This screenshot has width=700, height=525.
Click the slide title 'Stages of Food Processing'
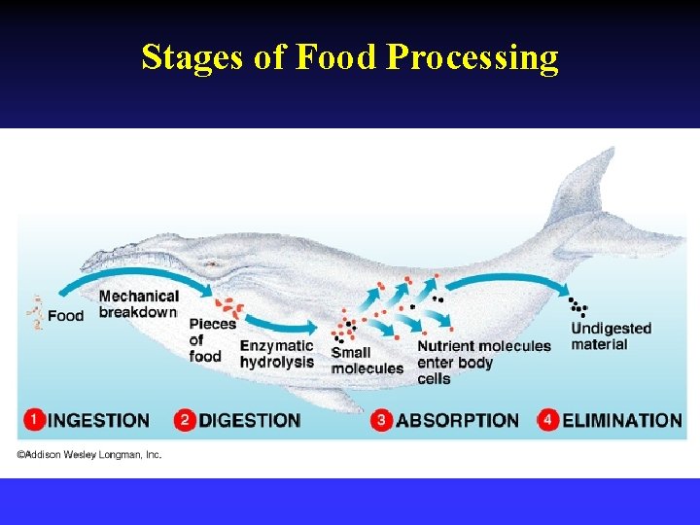point(350,57)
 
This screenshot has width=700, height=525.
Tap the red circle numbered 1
point(34,420)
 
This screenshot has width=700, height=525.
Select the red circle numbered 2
point(186,420)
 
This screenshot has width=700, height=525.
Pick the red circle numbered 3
point(382,420)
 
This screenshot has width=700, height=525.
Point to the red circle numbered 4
point(548,420)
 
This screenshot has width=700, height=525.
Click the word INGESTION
point(99,421)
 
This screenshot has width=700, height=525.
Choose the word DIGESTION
point(250,421)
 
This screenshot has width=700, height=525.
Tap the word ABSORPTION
point(458,421)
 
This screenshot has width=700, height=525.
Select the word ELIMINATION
point(622,421)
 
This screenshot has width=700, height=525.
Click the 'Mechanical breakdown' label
point(138,303)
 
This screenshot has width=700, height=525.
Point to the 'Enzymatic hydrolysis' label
point(277,354)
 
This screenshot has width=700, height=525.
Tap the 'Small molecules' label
point(367,361)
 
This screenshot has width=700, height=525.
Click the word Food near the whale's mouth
point(66,316)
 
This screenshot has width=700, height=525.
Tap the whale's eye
point(213,264)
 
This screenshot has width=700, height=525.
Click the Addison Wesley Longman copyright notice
point(88,454)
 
